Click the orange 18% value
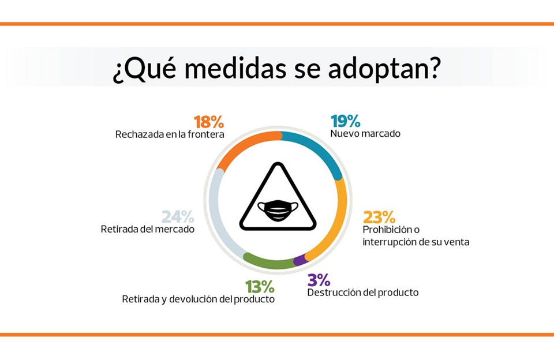209,122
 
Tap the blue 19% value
346,121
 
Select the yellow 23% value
379,217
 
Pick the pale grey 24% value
178,216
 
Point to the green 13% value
260,287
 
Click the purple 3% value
319,280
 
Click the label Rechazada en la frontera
170,134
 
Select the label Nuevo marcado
365,133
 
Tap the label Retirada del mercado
148,229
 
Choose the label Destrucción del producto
363,292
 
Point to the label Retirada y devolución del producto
198,299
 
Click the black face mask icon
278,211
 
